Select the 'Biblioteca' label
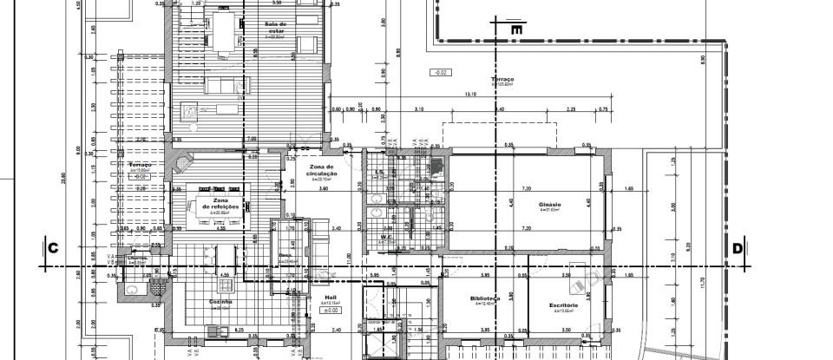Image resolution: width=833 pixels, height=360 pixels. (x=484, y=298)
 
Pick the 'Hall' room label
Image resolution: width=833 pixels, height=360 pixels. (x=330, y=297)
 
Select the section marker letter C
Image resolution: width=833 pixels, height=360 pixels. (x=52, y=249)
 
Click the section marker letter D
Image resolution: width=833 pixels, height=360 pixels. (x=738, y=249)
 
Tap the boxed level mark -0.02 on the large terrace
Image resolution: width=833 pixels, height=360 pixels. (x=440, y=73)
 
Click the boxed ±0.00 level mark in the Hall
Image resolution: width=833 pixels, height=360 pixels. (x=331, y=310)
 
